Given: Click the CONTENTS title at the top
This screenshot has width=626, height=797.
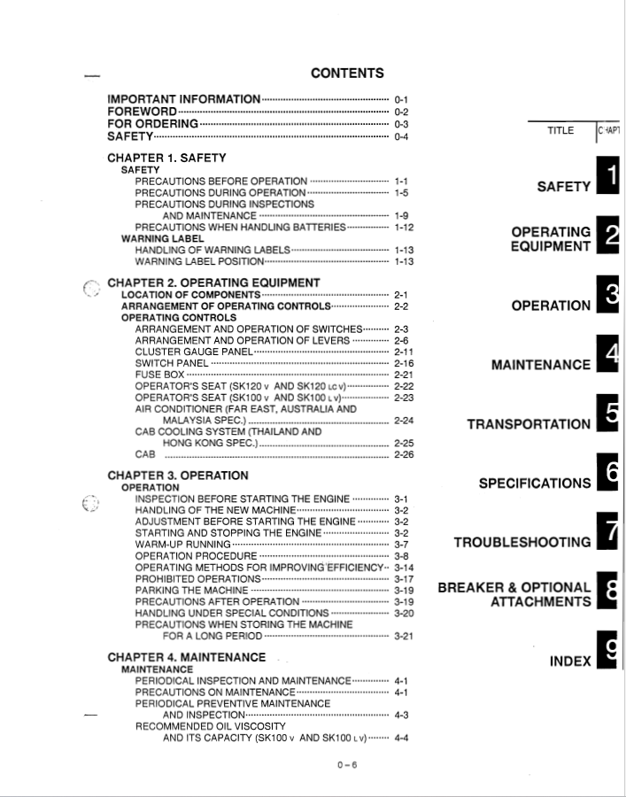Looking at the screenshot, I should point(347,74).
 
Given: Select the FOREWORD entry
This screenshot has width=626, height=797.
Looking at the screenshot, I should point(142,112).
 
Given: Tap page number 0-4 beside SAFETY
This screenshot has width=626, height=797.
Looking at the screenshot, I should point(401,136).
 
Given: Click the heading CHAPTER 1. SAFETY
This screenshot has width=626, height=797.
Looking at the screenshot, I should point(166,158).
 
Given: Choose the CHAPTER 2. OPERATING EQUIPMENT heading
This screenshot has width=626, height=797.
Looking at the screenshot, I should point(213,282).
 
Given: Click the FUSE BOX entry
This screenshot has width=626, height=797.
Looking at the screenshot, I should point(159,375).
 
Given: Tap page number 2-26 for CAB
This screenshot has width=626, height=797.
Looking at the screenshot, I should point(404,455).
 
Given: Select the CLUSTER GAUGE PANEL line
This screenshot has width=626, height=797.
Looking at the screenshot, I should point(192,352).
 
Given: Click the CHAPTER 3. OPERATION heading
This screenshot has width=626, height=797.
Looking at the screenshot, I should point(178,476).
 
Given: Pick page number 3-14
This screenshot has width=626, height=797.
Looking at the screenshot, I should point(404,567).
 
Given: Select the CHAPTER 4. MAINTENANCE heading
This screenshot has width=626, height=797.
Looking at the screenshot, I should point(186,657).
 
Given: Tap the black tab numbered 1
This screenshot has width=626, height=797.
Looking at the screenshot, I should point(607,173).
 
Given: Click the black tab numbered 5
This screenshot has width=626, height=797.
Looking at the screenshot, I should point(607,413).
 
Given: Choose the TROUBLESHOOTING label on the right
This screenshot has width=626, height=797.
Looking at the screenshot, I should point(522,542).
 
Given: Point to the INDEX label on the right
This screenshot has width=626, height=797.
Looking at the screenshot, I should point(570,661).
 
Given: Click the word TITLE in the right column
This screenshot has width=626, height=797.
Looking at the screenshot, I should point(560,131).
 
